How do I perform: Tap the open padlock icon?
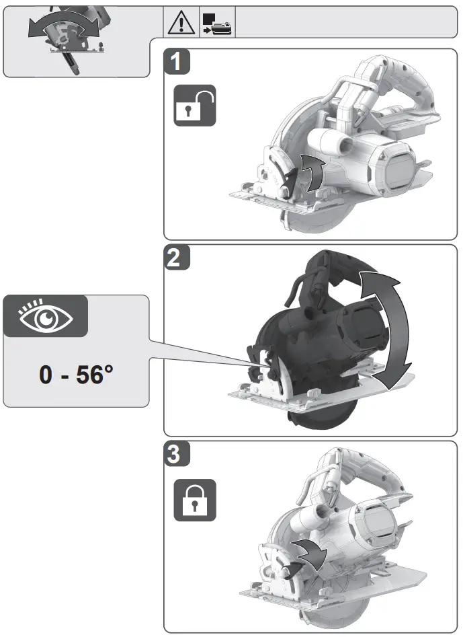tap(195, 106)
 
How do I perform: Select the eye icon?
tap(44, 316)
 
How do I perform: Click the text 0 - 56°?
tap(75, 375)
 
